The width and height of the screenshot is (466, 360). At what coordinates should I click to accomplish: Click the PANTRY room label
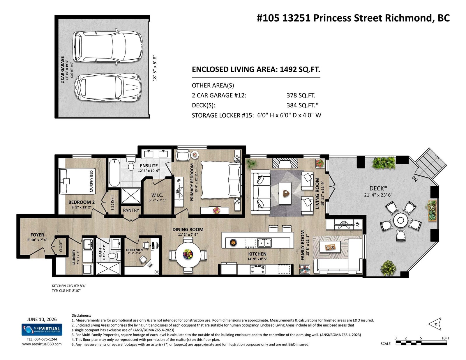click(x=131, y=210)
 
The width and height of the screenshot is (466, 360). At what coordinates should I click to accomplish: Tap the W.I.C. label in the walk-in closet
click(x=157, y=195)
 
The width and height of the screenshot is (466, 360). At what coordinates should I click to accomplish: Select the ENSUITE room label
click(x=149, y=166)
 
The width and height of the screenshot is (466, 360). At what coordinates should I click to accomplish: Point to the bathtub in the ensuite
click(x=114, y=173)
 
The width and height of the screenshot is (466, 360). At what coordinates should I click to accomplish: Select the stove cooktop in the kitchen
click(x=257, y=269)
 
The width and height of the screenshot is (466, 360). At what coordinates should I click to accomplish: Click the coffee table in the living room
click(x=285, y=193)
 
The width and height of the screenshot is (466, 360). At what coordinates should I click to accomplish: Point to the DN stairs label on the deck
click(x=414, y=179)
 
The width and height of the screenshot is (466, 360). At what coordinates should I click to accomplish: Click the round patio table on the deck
click(x=400, y=220)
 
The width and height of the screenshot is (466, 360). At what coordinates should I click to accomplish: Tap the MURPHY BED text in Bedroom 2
click(x=91, y=181)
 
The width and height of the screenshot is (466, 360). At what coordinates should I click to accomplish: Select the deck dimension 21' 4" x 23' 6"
click(x=378, y=195)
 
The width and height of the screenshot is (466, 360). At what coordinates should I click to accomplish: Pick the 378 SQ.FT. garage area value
click(x=301, y=95)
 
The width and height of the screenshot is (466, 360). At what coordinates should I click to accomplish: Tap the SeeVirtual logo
click(x=42, y=329)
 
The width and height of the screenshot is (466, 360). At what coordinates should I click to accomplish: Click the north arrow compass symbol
click(x=435, y=324)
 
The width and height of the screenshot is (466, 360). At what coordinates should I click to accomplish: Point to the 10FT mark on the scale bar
click(x=445, y=338)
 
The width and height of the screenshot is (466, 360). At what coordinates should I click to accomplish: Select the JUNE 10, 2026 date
click(x=42, y=319)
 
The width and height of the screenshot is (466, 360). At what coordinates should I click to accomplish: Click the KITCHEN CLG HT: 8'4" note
click(x=69, y=286)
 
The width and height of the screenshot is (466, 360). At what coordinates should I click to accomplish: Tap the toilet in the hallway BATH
click(x=112, y=256)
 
